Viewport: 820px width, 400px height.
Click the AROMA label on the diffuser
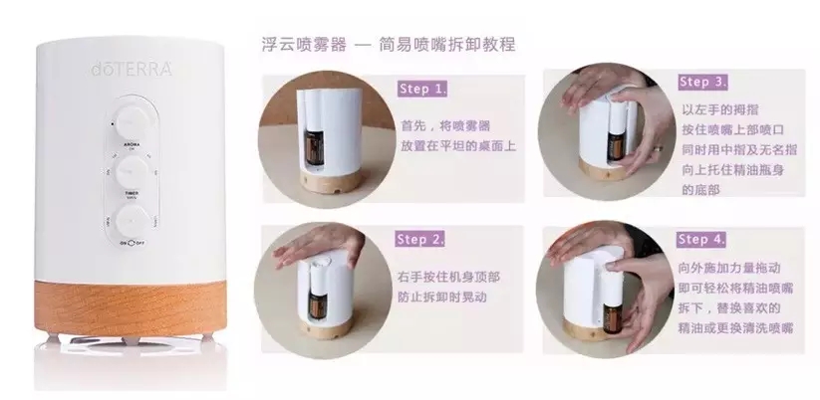point(131,144)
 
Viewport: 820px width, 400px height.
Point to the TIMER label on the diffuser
point(131,196)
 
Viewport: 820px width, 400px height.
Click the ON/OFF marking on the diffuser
point(132,242)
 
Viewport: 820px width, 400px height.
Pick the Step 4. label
point(701,240)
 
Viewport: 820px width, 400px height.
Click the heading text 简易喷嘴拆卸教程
point(450,46)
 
